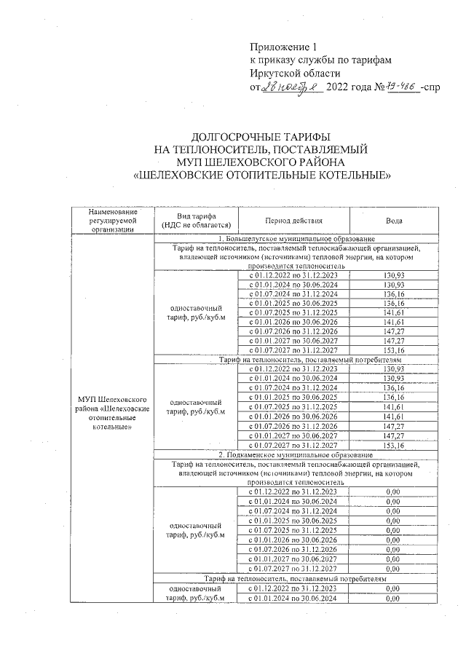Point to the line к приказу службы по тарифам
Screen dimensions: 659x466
[x=320, y=60]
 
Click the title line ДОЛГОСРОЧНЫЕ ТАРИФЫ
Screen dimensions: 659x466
[x=262, y=136]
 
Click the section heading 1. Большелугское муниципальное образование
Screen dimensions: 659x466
[x=296, y=239]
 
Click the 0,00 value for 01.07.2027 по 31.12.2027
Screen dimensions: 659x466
[x=393, y=568]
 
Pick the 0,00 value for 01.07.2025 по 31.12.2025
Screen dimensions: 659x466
[x=393, y=531]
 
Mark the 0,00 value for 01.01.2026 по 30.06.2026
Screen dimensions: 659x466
[x=393, y=540]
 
